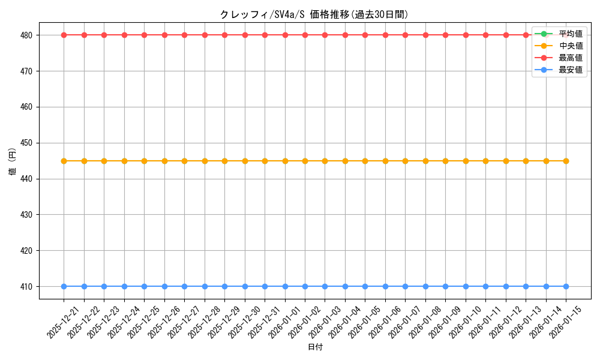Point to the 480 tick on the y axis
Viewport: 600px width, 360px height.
tap(28, 35)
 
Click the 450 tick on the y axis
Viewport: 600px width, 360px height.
tap(28, 143)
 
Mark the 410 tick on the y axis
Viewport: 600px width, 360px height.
tap(28, 286)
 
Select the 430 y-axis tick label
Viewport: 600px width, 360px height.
tap(28, 215)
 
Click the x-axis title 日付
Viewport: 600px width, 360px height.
tap(315, 347)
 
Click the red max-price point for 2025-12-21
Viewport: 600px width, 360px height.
tap(64, 35)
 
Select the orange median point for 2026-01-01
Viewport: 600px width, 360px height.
tap(285, 161)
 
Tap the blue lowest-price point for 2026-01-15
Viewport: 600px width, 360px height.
tap(566, 286)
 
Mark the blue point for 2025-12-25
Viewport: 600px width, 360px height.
tap(144, 286)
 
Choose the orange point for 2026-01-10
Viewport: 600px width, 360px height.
tap(466, 161)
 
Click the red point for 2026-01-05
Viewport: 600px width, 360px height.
tap(365, 35)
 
